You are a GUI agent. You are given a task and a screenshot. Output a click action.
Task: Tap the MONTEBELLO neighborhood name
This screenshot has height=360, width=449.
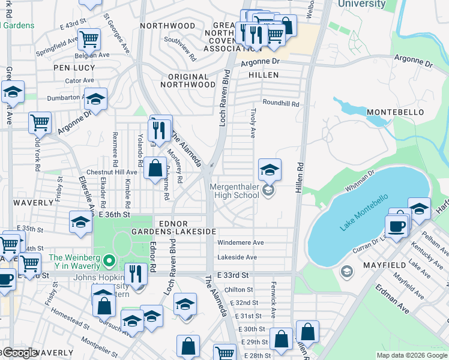pos(396,112)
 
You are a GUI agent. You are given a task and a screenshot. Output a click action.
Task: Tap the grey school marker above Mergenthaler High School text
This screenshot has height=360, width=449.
pos(268,191)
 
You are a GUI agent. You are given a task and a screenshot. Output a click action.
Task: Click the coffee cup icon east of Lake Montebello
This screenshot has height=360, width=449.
pos(396,227)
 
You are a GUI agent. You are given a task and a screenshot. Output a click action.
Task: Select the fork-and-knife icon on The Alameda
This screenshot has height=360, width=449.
pos(159,130)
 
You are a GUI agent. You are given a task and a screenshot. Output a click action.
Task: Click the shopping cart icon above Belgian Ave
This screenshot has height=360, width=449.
pos(89,40)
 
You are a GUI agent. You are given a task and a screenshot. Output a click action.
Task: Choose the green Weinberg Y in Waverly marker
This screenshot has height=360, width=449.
pos(109,261)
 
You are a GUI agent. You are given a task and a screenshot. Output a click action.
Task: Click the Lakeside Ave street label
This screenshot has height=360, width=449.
pos(237,257)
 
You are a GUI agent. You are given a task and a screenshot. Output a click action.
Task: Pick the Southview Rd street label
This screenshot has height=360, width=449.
pos(181,50)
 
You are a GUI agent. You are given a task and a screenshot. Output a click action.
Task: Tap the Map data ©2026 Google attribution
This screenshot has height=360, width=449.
pos(411,355)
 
